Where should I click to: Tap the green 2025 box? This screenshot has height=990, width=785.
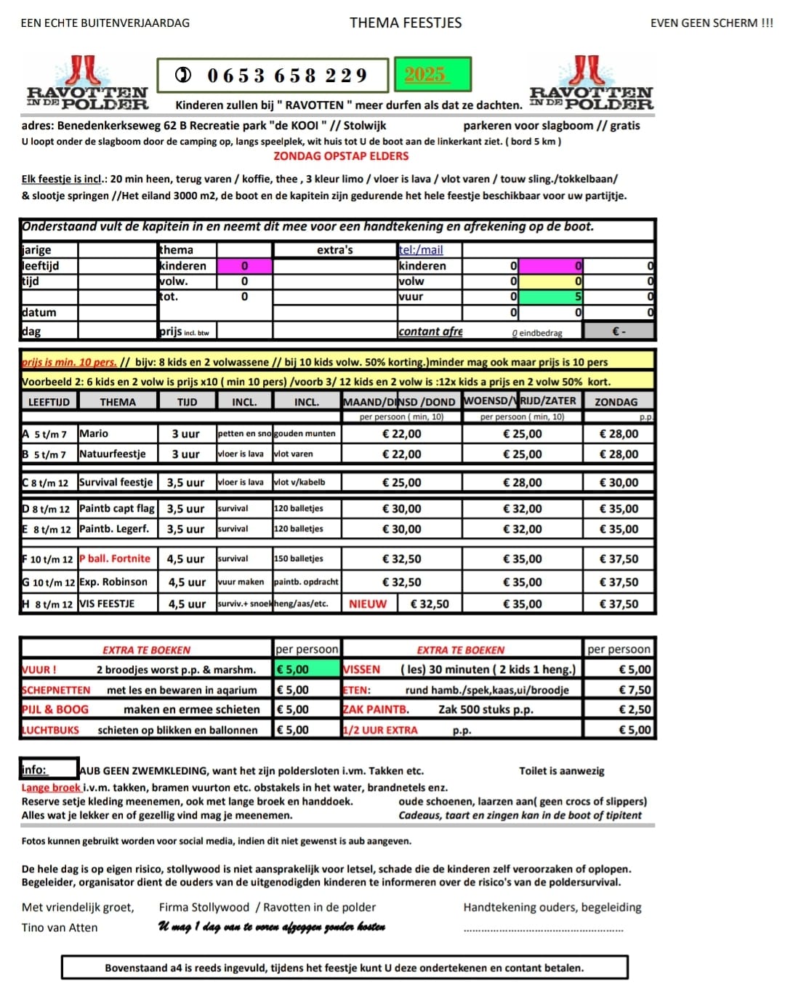click(x=432, y=75)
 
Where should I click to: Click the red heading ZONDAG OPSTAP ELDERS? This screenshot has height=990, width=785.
click(x=341, y=156)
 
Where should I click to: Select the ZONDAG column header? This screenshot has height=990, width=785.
click(x=616, y=401)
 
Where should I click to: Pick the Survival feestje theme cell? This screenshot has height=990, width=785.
click(x=116, y=482)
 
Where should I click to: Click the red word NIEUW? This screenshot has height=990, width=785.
click(x=368, y=603)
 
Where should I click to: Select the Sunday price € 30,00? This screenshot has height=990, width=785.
click(x=619, y=482)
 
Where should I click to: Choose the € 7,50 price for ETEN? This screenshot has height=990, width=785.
click(x=634, y=690)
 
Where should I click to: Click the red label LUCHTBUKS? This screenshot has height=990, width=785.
click(x=50, y=730)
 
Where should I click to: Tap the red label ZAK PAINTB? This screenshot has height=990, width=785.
click(x=376, y=709)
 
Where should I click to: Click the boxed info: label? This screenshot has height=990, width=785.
click(x=48, y=769)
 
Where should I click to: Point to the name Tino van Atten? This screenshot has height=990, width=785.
click(x=60, y=927)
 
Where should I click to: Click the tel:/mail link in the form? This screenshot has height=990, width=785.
click(x=421, y=249)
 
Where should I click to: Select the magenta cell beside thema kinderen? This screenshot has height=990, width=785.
click(x=244, y=266)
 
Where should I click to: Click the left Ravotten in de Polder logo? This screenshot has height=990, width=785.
click(x=86, y=84)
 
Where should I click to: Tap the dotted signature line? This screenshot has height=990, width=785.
click(x=544, y=930)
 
